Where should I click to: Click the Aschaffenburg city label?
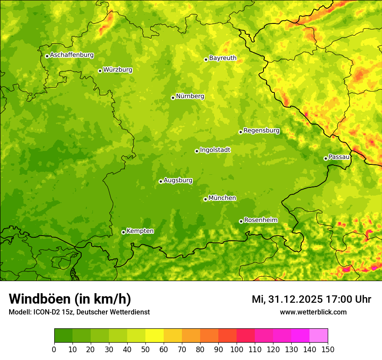pyautogui.click(x=72, y=55)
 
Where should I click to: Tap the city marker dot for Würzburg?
pyautogui.click(x=100, y=71)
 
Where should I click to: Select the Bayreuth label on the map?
pyautogui.click(x=223, y=58)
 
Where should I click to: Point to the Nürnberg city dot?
pyautogui.click(x=173, y=98)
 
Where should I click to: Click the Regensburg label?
pyautogui.click(x=261, y=131)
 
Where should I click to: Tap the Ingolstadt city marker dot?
pyautogui.click(x=197, y=151)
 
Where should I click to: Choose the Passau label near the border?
pyautogui.click(x=339, y=157)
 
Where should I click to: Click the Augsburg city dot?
pyautogui.click(x=161, y=181)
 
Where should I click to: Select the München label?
pyautogui.click(x=222, y=198)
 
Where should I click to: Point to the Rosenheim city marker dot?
pyautogui.click(x=241, y=221)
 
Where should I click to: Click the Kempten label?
pyautogui.click(x=140, y=231)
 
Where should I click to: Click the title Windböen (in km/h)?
pyautogui.click(x=69, y=299)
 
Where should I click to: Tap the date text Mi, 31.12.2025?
pyautogui.click(x=287, y=299)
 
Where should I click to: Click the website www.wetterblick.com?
pyautogui.click(x=313, y=312)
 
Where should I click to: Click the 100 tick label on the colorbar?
pyautogui.click(x=236, y=350)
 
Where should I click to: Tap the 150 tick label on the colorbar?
pyautogui.click(x=327, y=350)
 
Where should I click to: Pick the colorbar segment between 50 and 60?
pyautogui.click(x=154, y=336)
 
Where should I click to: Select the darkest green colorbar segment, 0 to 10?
pyautogui.click(x=63, y=336)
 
